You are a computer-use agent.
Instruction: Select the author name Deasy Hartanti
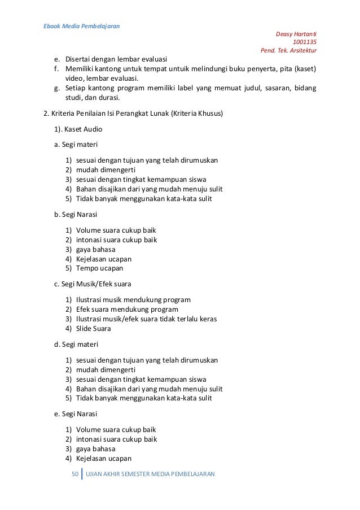[x=296, y=34]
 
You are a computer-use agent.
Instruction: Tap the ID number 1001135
[x=304, y=42]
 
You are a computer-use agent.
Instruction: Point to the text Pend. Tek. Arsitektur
[x=288, y=50]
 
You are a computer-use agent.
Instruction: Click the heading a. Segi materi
[x=75, y=145]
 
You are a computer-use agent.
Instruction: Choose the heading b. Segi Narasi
[x=76, y=215]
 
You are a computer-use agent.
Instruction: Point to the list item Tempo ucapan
[x=99, y=268]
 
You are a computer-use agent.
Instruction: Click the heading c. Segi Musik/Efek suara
[x=93, y=284]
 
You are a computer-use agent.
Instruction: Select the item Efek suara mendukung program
[x=127, y=310]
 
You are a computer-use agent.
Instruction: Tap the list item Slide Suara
[x=93, y=329]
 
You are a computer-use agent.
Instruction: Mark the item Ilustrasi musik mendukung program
[x=133, y=300]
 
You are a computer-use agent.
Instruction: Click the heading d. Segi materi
[x=75, y=344]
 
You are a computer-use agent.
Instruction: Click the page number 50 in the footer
[x=74, y=474]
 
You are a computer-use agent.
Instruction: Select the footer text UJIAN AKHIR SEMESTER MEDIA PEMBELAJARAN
[x=150, y=474]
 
